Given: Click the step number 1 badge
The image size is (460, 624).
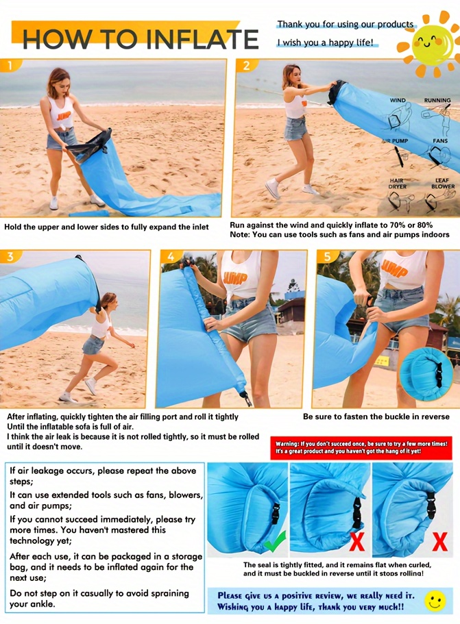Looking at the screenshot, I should click(x=9, y=66).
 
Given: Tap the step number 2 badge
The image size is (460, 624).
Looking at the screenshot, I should click(x=245, y=66).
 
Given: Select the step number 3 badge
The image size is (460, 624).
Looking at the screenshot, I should click(x=10, y=257).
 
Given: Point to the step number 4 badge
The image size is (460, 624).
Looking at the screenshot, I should click(x=171, y=258).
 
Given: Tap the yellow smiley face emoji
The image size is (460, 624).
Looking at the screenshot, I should click(x=435, y=601).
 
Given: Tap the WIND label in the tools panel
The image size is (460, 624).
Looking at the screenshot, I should click(x=398, y=101).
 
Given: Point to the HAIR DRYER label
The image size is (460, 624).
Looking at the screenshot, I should click(x=397, y=184).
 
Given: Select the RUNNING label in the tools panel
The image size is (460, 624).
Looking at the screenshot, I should click(x=437, y=101).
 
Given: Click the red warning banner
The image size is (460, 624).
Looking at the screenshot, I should click(x=363, y=448).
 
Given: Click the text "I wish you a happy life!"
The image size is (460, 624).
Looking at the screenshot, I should click(x=326, y=42).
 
